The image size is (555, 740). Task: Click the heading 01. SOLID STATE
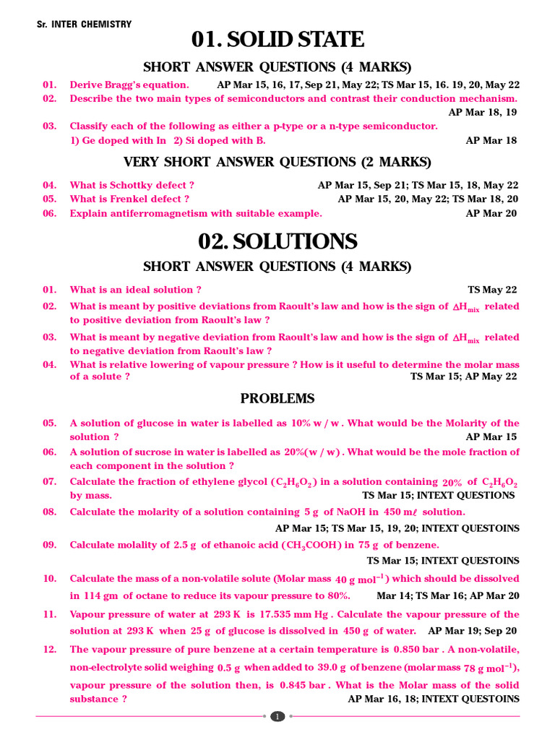tap(277, 40)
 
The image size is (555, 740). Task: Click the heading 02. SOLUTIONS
tap(277, 241)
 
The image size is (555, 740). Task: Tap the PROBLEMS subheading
tap(277, 399)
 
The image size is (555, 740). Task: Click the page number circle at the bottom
tap(277, 717)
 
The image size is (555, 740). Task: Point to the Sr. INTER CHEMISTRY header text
tap(84, 25)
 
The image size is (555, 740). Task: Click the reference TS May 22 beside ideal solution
tap(492, 290)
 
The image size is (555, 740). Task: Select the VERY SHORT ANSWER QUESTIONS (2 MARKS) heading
tap(277, 162)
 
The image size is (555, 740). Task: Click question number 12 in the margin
tap(49, 649)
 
